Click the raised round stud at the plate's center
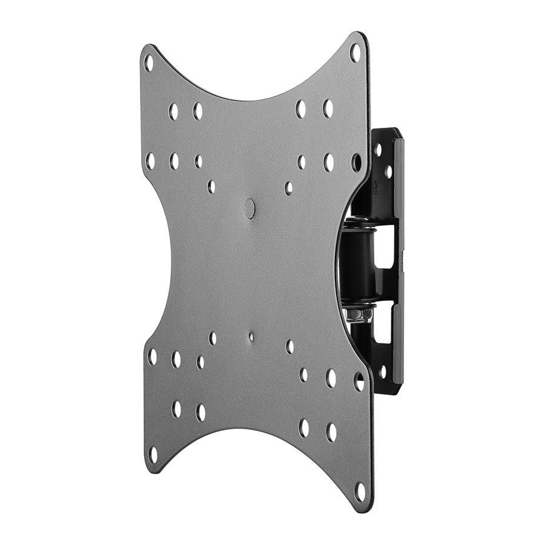[249, 208]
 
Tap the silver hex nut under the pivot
[351, 314]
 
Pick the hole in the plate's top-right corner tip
[355, 53]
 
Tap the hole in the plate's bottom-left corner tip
[153, 454]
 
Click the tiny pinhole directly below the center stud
[251, 337]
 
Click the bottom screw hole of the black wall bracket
[382, 371]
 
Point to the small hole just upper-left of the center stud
[211, 187]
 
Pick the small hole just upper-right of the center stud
[288, 188]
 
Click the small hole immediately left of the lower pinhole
[213, 339]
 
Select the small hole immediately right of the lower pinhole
[290, 346]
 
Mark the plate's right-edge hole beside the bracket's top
[356, 162]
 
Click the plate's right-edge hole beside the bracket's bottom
[359, 381]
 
